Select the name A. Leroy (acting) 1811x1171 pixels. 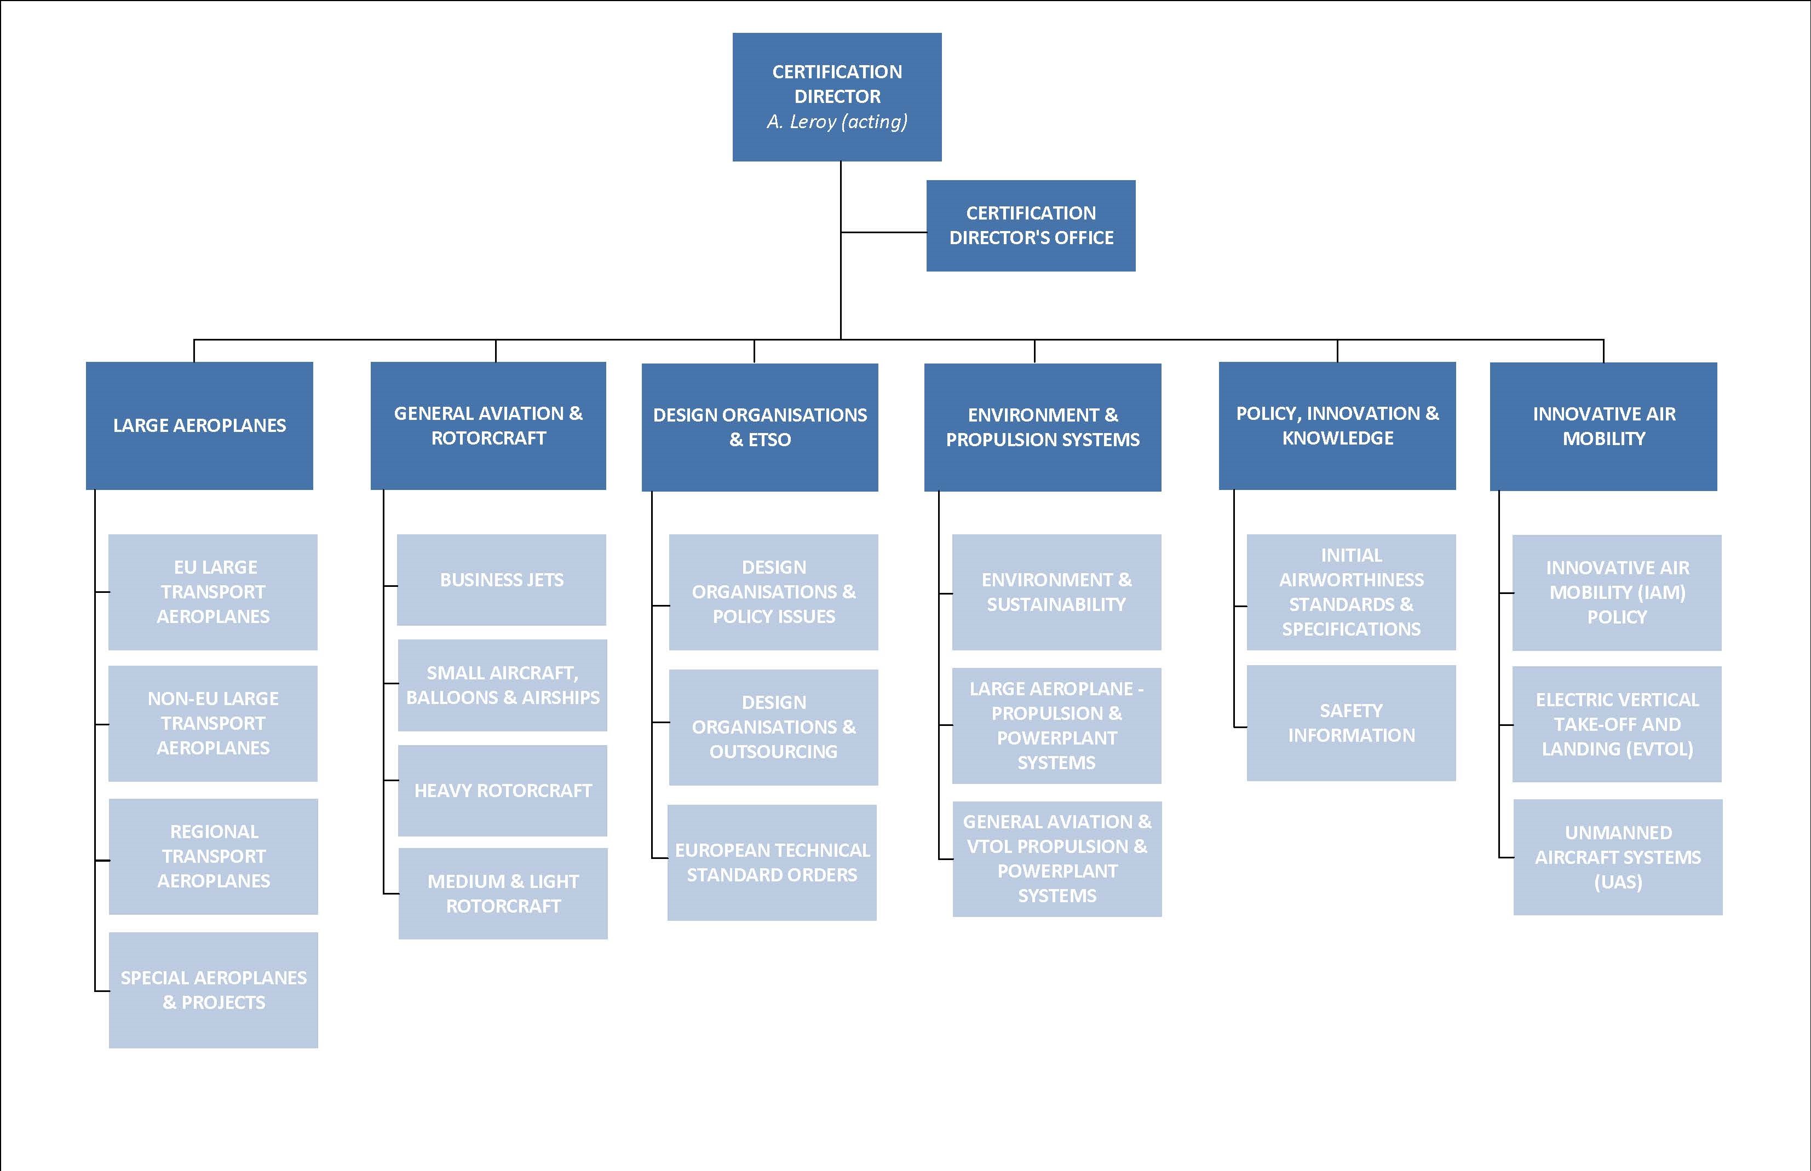pos(837,122)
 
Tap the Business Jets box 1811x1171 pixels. pos(501,579)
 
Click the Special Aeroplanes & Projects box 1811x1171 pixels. pos(213,989)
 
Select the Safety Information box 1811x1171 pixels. pos(1351,723)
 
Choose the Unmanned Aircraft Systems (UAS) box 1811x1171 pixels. pos(1618,856)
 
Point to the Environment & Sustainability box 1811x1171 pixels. pos(1056,592)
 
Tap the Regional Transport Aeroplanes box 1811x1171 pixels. pos(213,856)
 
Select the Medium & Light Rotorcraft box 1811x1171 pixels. pos(503,893)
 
